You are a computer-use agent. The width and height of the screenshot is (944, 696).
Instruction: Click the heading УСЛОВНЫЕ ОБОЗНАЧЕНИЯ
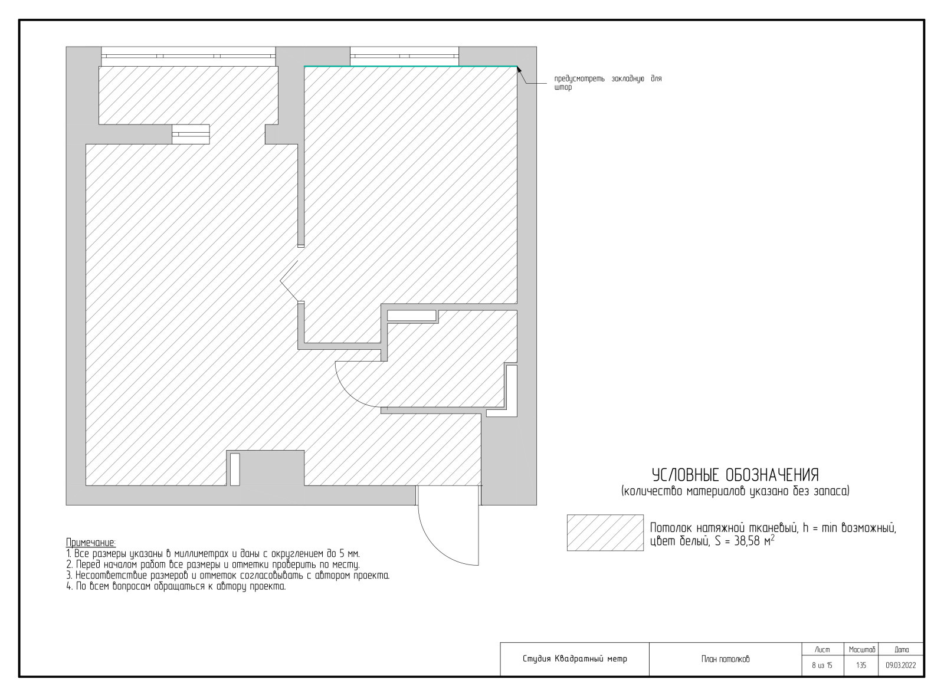[735, 475]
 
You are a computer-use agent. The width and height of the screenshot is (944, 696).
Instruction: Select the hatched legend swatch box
[605, 533]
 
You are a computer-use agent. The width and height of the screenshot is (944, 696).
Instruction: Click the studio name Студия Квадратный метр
[575, 659]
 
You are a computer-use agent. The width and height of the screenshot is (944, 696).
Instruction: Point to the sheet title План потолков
[725, 659]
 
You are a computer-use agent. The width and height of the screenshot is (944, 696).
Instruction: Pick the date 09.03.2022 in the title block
[900, 666]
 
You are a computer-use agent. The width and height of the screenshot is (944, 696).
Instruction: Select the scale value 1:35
[861, 666]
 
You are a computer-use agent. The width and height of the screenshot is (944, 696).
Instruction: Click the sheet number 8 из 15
[822, 666]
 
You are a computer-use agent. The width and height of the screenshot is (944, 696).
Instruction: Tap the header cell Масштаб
[862, 650]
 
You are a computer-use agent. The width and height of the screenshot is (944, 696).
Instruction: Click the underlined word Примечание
[91, 543]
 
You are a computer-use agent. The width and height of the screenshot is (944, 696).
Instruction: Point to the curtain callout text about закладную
[608, 83]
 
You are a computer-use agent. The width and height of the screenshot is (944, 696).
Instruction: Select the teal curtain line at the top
[411, 66]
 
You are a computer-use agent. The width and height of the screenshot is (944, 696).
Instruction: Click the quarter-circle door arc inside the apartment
[348, 390]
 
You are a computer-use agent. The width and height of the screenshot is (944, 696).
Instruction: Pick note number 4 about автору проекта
[176, 586]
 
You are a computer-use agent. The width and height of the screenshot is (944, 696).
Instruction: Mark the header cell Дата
[902, 650]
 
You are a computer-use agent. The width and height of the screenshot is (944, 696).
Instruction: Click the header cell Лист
[822, 650]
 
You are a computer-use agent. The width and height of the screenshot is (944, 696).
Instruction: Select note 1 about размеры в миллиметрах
[213, 554]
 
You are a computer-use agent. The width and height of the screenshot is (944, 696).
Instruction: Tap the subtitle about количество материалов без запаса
[735, 491]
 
